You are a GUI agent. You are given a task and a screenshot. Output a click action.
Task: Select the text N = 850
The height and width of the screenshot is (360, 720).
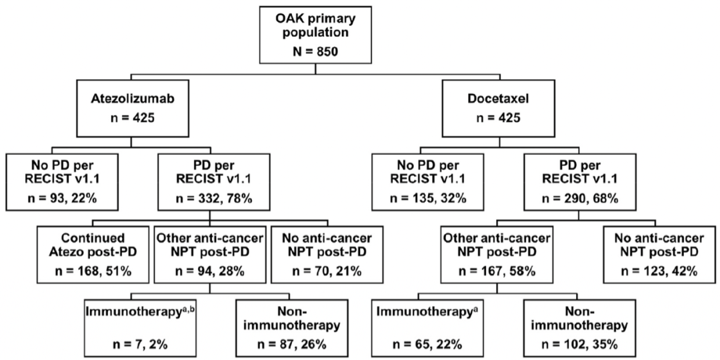pos(314,51)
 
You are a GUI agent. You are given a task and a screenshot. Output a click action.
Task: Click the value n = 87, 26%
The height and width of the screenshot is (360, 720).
pos(290,344)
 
